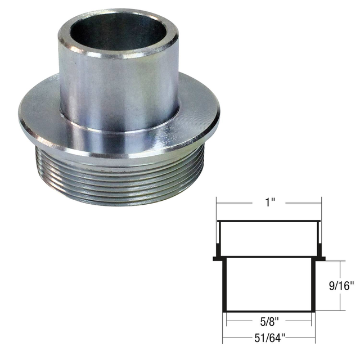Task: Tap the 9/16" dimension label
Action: pos(341,286)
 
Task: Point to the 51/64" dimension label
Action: pos(269,337)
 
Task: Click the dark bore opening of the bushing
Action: pos(118,31)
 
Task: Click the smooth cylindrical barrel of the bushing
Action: pos(119,92)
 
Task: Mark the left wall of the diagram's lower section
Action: pos(224,284)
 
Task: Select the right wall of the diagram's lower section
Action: pos(313,284)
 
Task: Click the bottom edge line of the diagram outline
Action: pos(269,311)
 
